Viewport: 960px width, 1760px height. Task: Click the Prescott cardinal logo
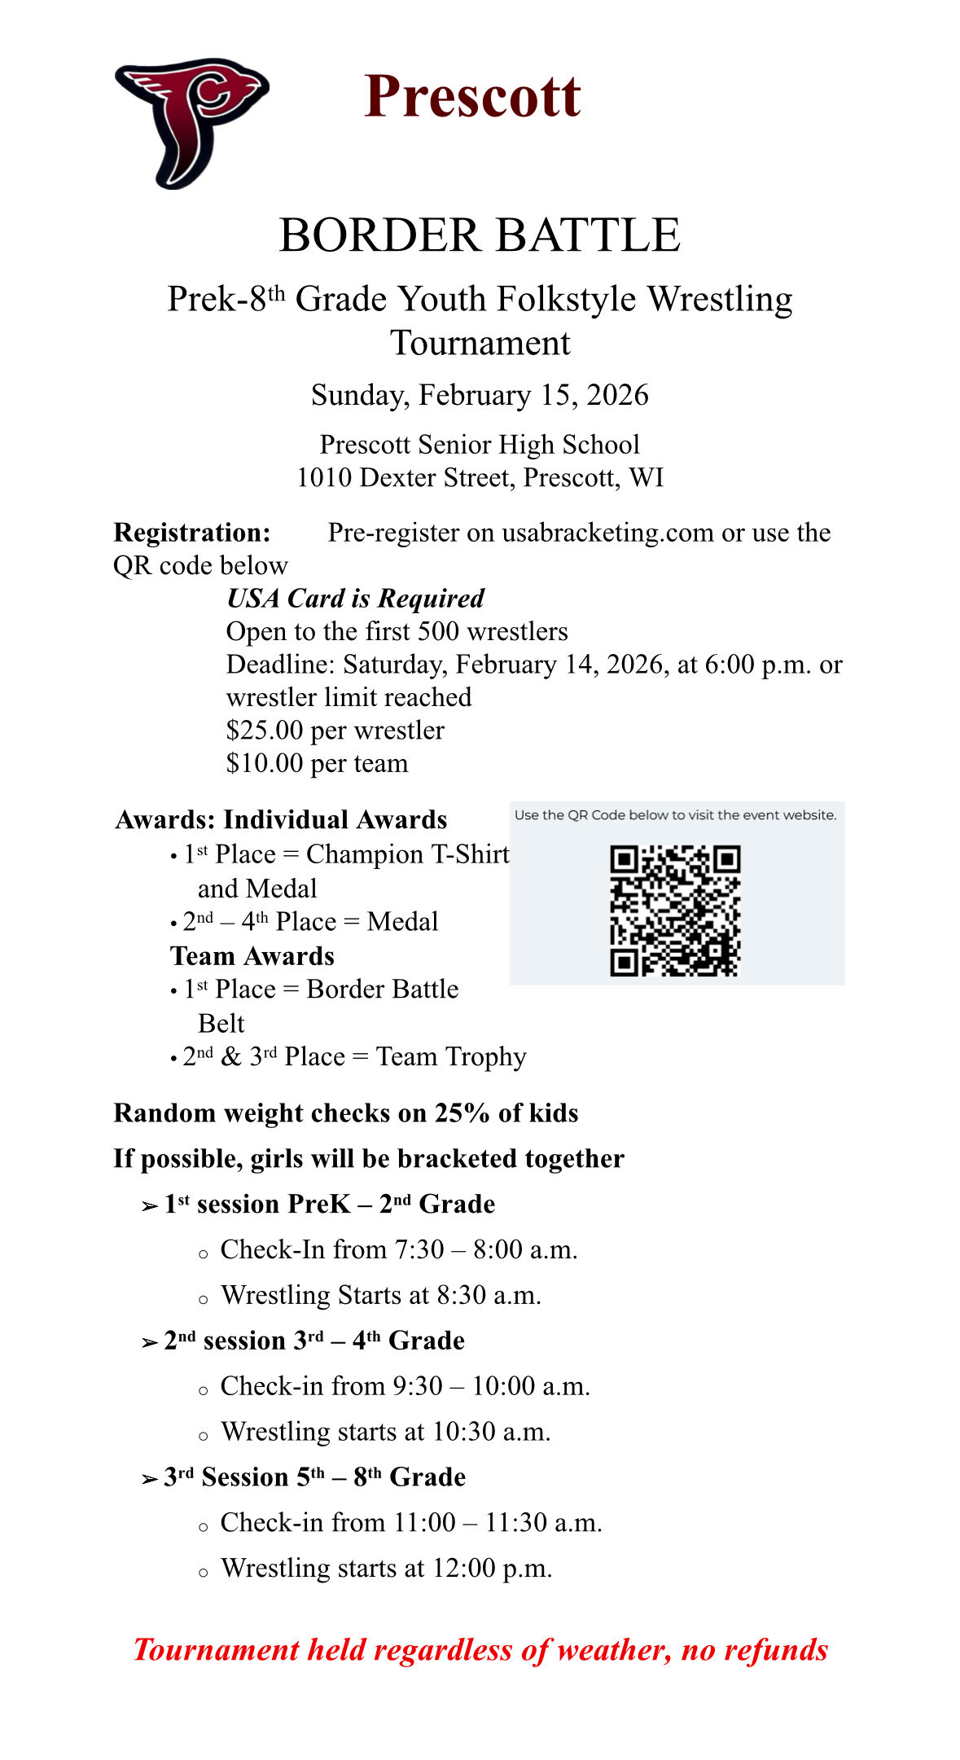[x=191, y=122]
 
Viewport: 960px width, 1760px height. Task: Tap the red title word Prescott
[x=472, y=97]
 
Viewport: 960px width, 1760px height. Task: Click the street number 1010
[x=324, y=477]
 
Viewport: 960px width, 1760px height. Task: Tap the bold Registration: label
[x=192, y=533]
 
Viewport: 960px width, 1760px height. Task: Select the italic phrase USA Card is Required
[x=355, y=599]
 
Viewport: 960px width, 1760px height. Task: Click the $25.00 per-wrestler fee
[x=265, y=731]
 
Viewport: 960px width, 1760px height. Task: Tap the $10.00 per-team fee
[x=265, y=764]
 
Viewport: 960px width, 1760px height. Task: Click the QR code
[x=675, y=911]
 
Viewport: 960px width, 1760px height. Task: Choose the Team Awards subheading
[x=252, y=956]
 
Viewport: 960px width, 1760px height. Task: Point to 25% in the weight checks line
[x=462, y=1113]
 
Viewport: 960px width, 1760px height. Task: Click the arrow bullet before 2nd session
[x=150, y=1343]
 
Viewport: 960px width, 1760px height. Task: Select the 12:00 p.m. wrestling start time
[x=492, y=1569]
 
